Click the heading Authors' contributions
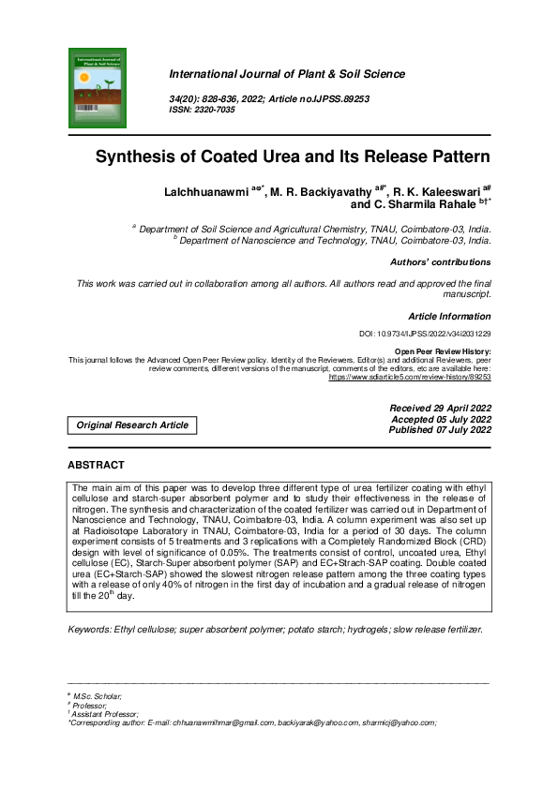440,262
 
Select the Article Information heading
449,317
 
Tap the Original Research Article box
132,425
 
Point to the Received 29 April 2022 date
440,409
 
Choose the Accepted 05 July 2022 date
440,420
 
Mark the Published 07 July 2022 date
440,431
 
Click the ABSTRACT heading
96,465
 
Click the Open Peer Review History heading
443,350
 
